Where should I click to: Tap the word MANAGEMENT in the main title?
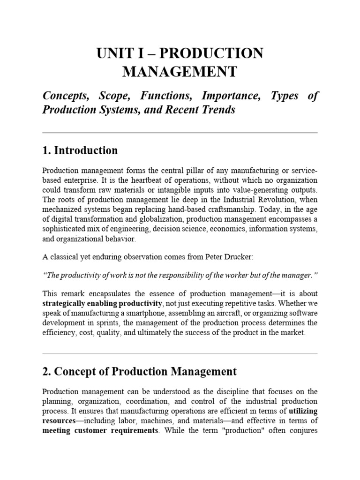[180, 72]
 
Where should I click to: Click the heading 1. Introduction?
[80, 150]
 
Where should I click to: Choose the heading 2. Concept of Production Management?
[139, 372]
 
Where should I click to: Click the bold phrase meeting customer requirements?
[100, 430]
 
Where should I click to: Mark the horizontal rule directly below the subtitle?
[180, 133]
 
